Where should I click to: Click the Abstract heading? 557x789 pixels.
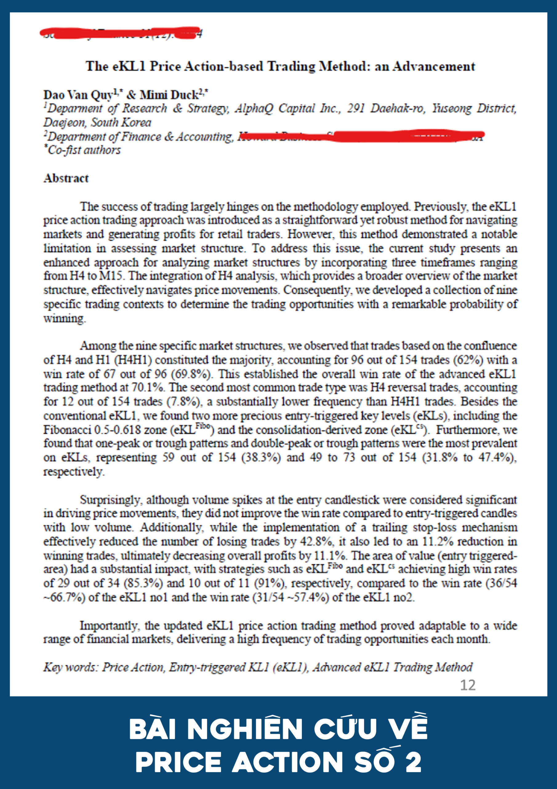(66, 178)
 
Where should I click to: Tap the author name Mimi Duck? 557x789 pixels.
(169, 95)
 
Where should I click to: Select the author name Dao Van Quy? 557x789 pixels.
(78, 95)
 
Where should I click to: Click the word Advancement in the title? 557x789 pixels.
(434, 66)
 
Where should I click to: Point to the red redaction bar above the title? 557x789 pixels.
(120, 32)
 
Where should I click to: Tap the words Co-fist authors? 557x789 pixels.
(84, 150)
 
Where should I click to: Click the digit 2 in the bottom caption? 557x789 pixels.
(414, 762)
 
